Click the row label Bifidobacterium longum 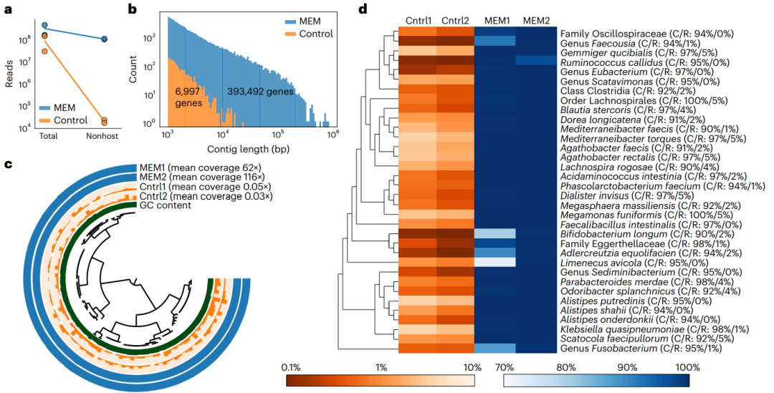click(x=608, y=233)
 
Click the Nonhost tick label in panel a click(x=103, y=135)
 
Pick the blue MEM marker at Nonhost click(x=104, y=39)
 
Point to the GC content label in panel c click(x=164, y=205)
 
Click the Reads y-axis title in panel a click(x=9, y=74)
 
